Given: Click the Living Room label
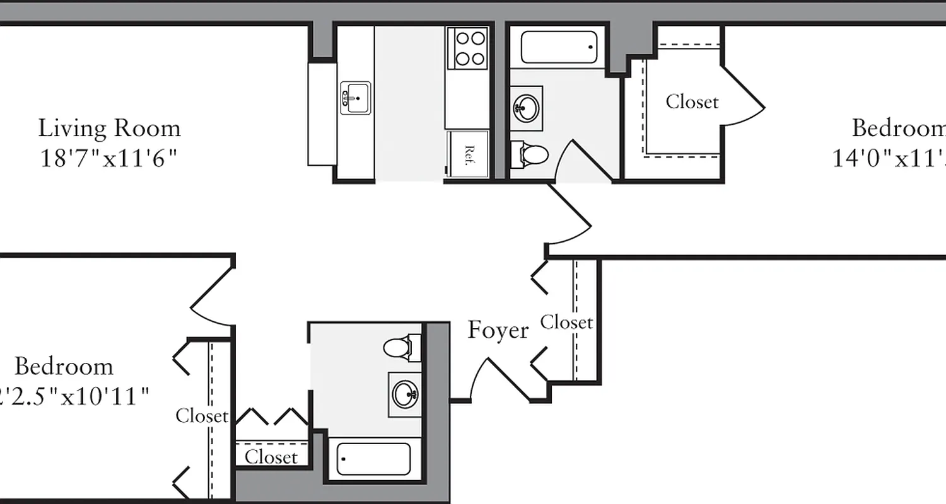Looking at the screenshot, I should (109, 129).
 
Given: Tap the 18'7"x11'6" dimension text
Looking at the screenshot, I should (108, 158).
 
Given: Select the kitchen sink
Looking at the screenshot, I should (356, 98).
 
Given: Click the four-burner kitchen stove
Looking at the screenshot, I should (467, 48).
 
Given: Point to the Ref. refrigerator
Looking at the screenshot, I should (468, 154).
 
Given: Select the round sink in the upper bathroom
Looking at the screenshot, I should (525, 108).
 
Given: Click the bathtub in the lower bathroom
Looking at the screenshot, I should (373, 459).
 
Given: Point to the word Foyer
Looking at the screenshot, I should (498, 331).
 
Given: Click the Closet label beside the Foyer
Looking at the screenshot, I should (566, 323).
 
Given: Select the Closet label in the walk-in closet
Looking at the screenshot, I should (692, 101).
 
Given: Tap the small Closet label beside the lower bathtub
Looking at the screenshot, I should (271, 457).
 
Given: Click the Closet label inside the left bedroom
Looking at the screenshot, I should (202, 416).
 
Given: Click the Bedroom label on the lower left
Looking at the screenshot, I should (64, 367).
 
